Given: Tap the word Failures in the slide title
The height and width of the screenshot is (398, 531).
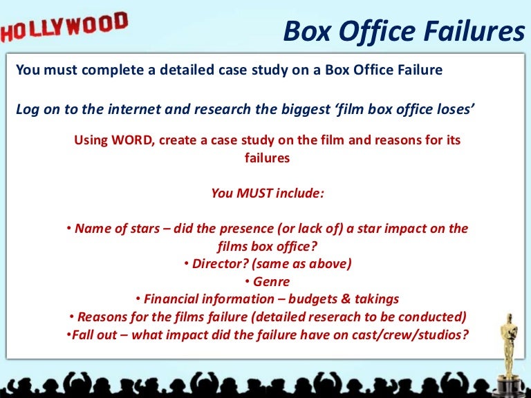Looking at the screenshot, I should [x=476, y=31].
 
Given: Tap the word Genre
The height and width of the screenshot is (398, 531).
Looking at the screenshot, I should [x=271, y=281].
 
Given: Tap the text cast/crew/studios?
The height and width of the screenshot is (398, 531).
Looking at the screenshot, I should [x=413, y=334].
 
